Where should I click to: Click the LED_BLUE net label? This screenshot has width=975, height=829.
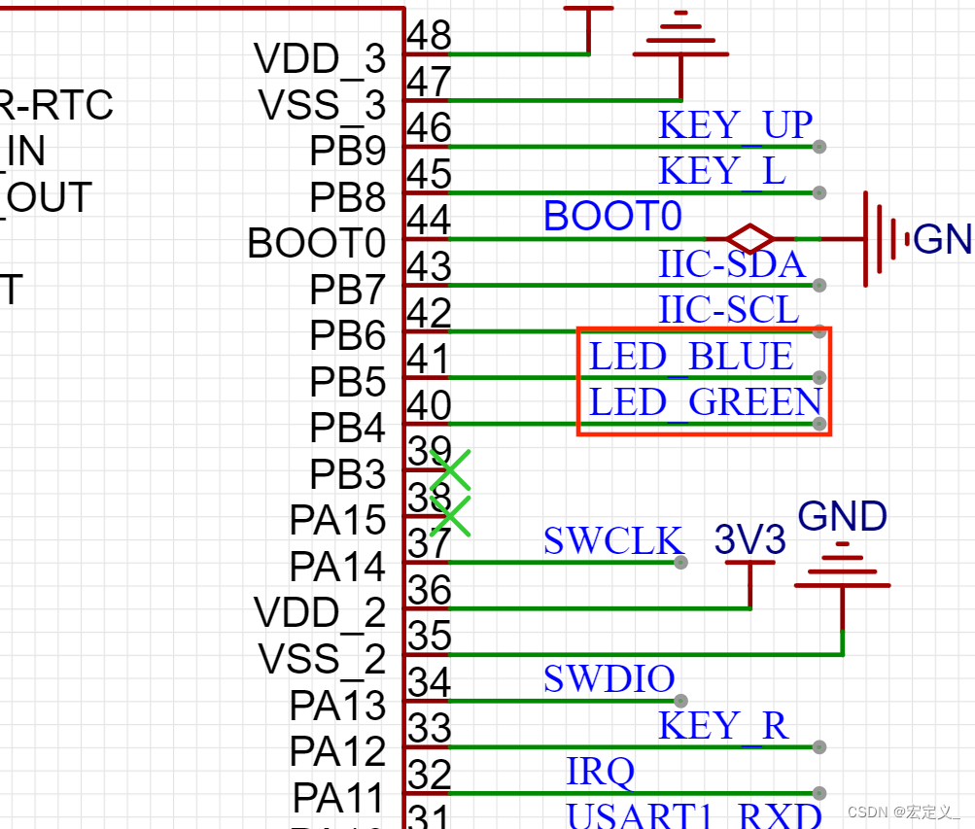tap(691, 357)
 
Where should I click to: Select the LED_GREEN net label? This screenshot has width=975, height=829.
tap(705, 402)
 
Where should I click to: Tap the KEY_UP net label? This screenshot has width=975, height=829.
tap(735, 126)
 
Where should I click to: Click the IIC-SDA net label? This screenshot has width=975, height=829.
tap(731, 264)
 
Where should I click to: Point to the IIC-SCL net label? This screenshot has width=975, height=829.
tap(728, 310)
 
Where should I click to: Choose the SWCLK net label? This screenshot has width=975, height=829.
tap(613, 541)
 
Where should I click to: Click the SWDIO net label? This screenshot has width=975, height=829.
tap(609, 679)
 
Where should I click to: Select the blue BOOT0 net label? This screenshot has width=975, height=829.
tap(612, 217)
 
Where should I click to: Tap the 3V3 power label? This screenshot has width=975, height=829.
tap(749, 541)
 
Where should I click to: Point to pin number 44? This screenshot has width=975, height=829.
tap(429, 221)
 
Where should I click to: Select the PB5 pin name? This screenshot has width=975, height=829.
tap(348, 383)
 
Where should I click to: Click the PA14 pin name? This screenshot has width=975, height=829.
tap(337, 567)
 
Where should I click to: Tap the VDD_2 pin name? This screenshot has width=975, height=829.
tap(320, 613)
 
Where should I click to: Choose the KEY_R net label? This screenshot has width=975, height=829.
tap(723, 726)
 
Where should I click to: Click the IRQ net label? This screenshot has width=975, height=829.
tap(600, 772)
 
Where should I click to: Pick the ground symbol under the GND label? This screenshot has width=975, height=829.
tap(842, 573)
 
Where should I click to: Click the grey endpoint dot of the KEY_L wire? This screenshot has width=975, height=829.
tap(819, 192)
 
